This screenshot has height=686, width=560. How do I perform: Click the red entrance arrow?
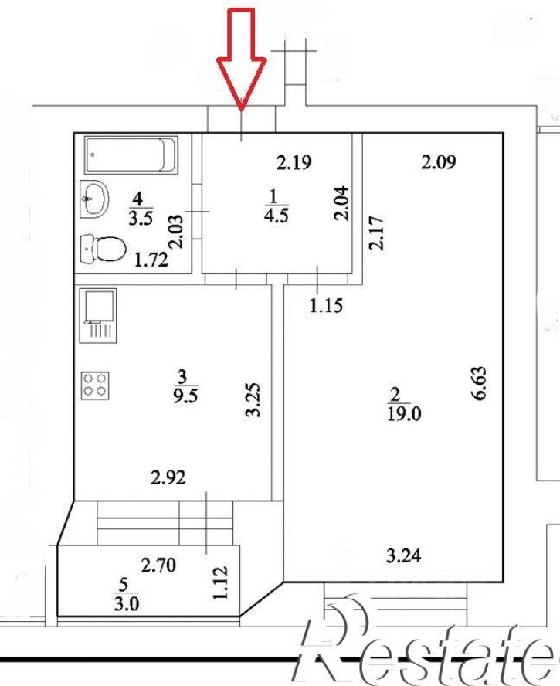coord(242,59)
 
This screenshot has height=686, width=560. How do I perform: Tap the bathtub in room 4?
coord(131,155)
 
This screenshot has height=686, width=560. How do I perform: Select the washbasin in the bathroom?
coord(94,199)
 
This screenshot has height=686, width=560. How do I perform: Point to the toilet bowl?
coord(104,249)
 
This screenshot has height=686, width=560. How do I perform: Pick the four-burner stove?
coord(94,385)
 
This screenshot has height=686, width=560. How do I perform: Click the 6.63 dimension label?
coord(479,383)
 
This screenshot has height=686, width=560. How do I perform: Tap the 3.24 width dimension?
coord(403,555)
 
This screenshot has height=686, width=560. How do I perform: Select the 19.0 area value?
coord(404,413)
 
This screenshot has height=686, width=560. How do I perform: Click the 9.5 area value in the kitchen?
coord(185,396)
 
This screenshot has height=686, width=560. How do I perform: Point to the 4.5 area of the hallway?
coord(277,216)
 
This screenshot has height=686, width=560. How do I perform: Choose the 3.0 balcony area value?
coord(127,604)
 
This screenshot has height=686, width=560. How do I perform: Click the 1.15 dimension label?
coord(326,305)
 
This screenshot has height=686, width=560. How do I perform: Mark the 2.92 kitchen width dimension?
coord(168,477)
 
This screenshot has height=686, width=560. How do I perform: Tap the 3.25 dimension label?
coord(254,400)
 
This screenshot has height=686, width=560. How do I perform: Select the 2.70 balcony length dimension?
coord(158,565)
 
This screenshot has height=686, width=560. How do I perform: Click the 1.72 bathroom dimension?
coord(151,260)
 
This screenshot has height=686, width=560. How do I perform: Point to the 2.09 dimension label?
coord(439,162)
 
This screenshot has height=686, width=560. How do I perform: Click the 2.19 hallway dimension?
coord(294,162)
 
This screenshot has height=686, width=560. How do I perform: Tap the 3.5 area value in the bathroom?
coord(141,218)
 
